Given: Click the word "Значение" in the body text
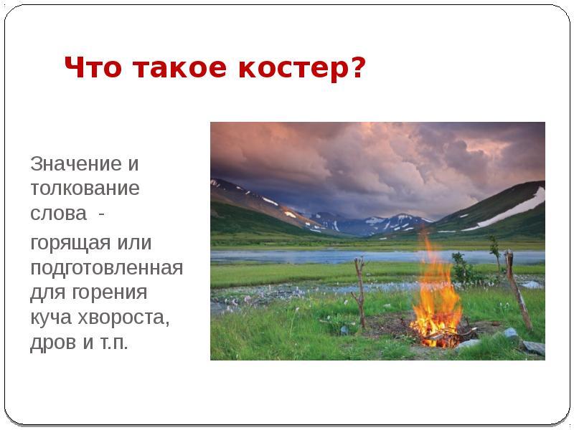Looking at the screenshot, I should pos(75,164).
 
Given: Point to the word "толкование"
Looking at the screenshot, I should pos(84,190).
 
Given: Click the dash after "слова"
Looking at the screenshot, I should pos(100,215).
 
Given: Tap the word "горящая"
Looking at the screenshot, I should pos(70,242).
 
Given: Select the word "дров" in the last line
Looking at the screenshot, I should pos(50,343).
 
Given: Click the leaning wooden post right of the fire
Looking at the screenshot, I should pos(517,290).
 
